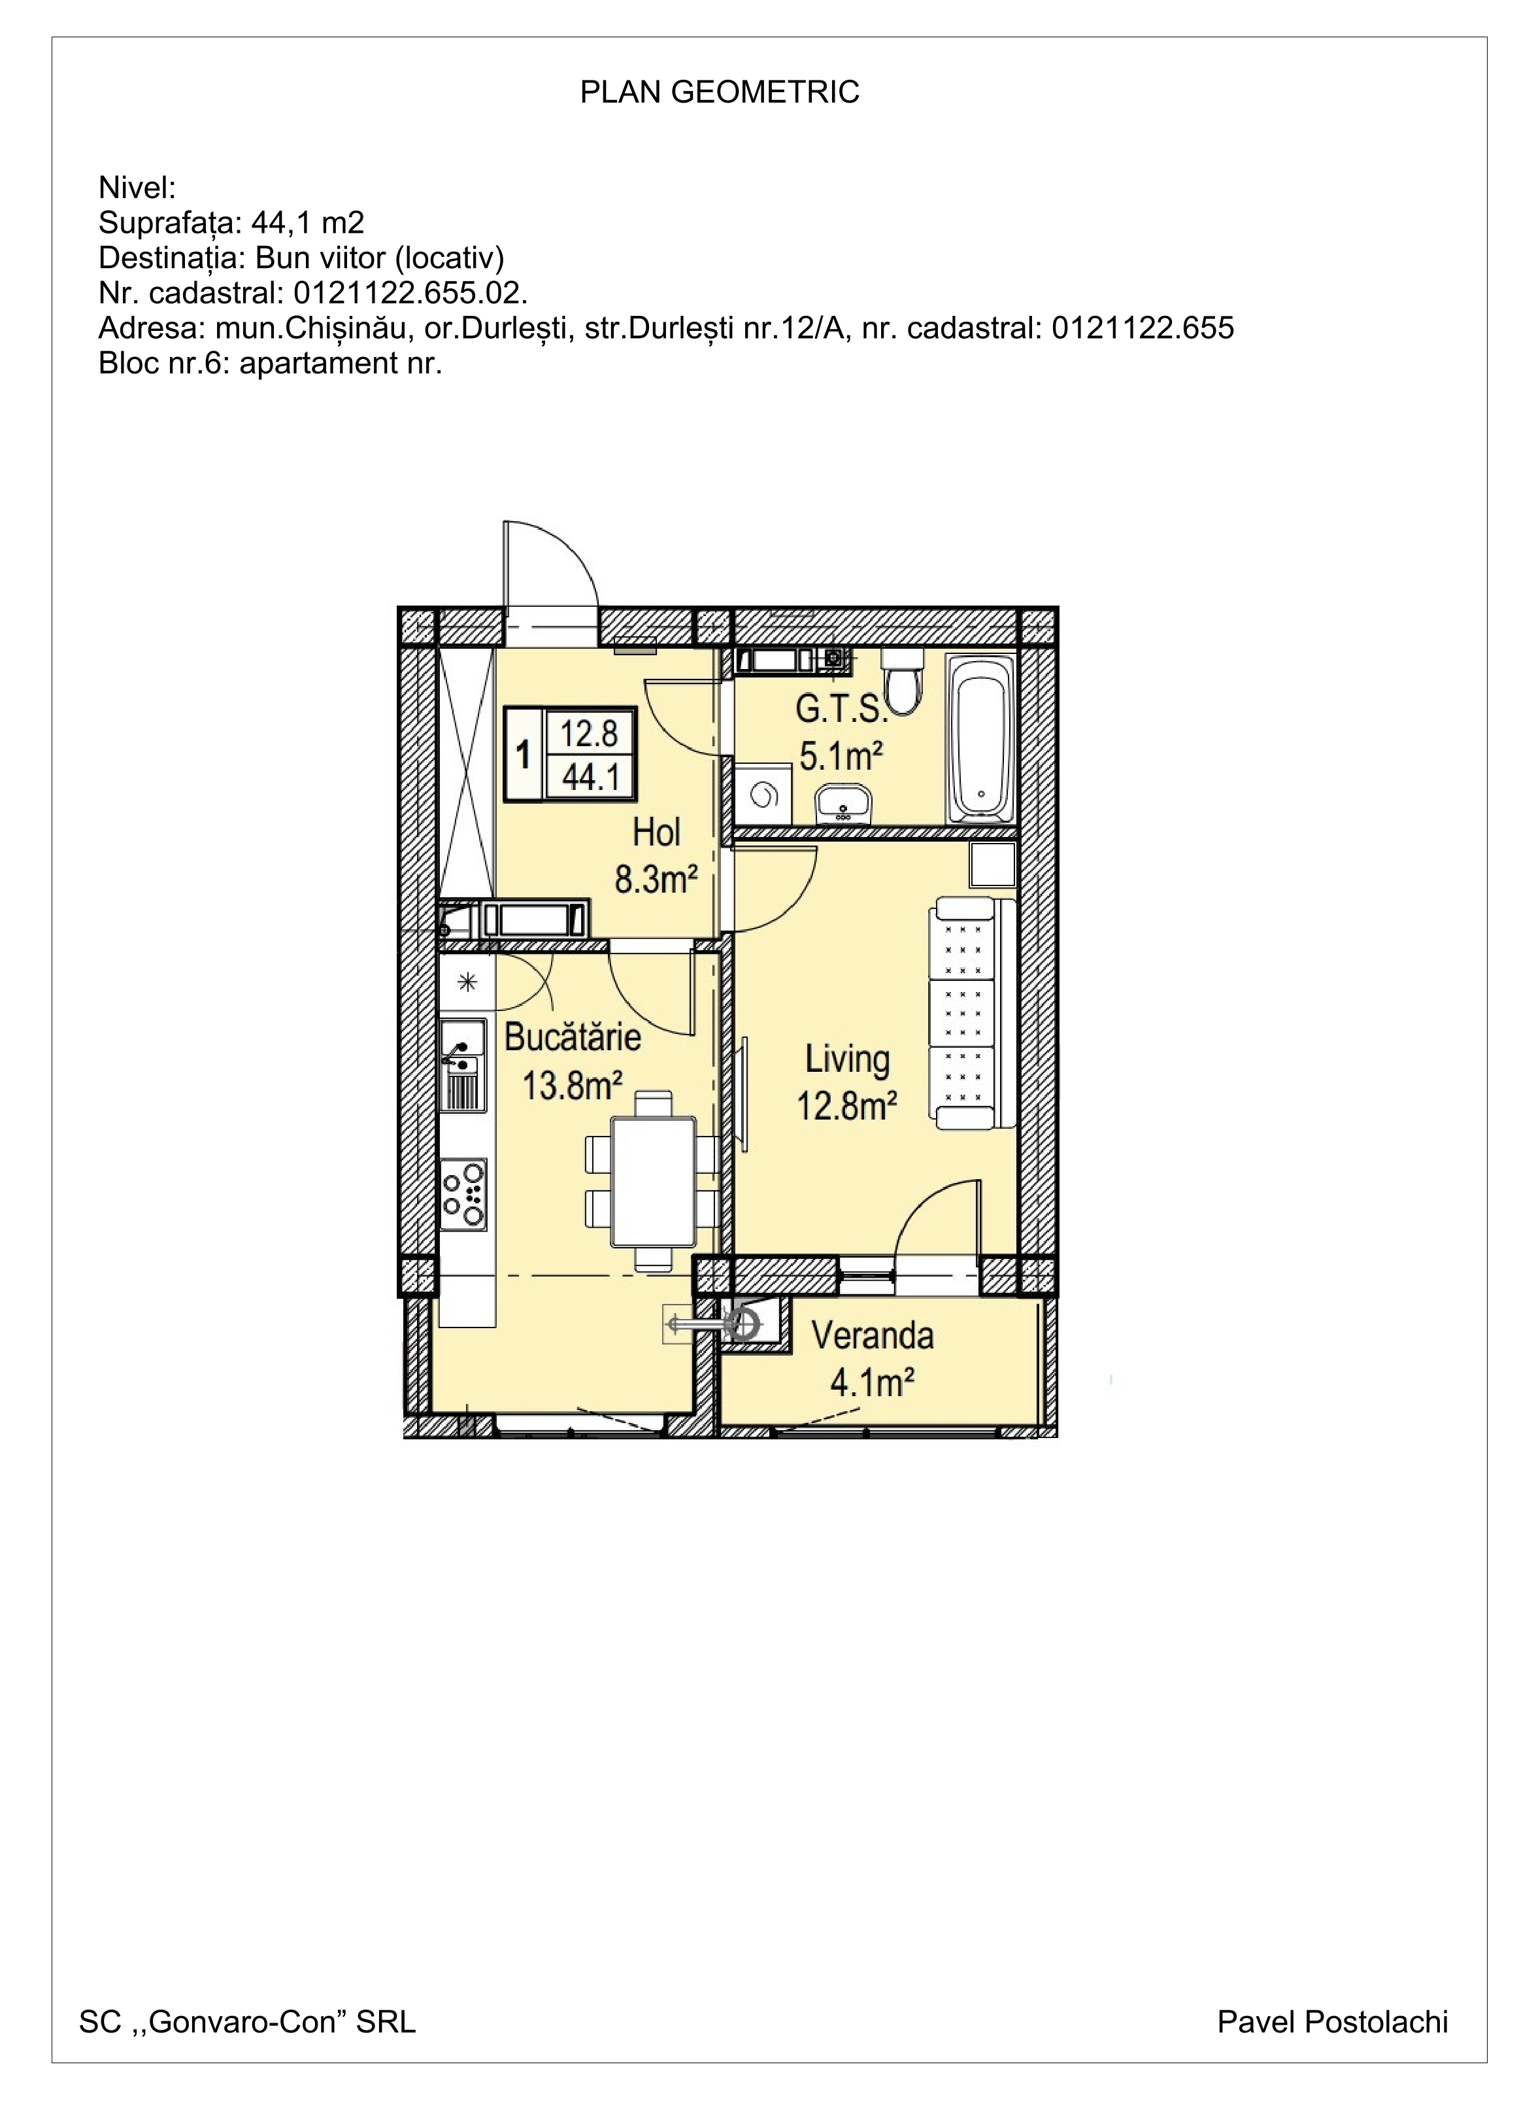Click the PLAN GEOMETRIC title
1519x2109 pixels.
(x=720, y=92)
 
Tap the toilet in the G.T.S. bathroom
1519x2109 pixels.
(x=901, y=681)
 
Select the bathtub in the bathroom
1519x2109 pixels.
(x=980, y=739)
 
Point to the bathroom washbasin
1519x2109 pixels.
(x=843, y=804)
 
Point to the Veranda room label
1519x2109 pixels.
(x=872, y=1336)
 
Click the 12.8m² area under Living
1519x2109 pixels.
(x=847, y=1106)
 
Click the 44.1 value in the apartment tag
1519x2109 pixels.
(x=590, y=776)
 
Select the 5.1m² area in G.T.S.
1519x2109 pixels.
(x=841, y=756)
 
